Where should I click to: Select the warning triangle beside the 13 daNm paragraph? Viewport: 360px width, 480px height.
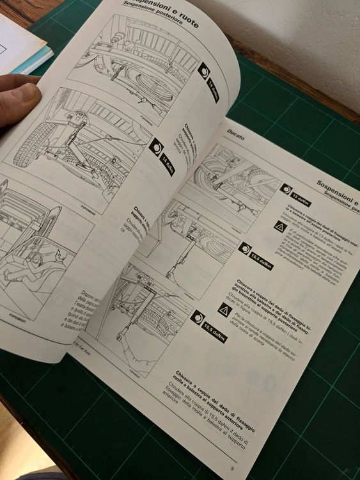pyautogui.click(x=279, y=226)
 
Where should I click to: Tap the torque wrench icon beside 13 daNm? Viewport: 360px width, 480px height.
pyautogui.click(x=286, y=190)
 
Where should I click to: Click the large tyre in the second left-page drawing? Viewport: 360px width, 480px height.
pyautogui.click(x=26, y=148)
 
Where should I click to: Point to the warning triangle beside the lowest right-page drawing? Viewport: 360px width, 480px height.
pyautogui.click(x=223, y=310)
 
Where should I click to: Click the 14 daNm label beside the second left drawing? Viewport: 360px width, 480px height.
pyautogui.click(x=168, y=164)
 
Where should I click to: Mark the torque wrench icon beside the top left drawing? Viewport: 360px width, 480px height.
pyautogui.click(x=204, y=71)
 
